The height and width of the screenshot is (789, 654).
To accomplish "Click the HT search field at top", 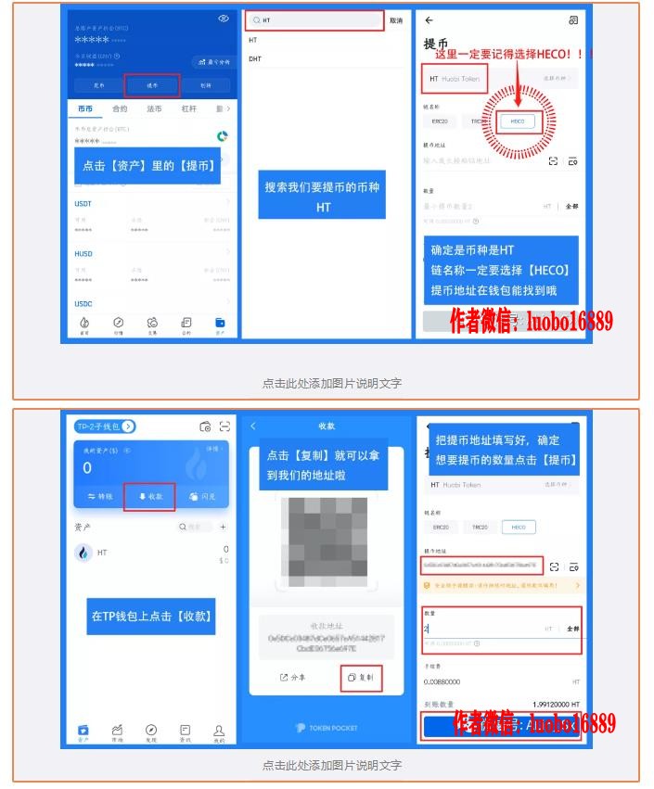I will click(314, 19).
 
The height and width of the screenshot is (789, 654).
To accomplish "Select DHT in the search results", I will click(255, 58).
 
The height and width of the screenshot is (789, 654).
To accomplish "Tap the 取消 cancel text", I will click(396, 19).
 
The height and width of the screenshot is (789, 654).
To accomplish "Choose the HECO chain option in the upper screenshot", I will click(517, 121).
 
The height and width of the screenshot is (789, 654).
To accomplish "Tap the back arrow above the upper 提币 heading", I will click(429, 19).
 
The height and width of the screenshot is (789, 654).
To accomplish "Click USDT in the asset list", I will click(83, 203).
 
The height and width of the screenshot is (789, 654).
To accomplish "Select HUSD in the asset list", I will click(83, 253).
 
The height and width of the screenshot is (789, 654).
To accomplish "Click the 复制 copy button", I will click(361, 677).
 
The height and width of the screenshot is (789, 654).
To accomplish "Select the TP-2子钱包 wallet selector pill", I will click(105, 426).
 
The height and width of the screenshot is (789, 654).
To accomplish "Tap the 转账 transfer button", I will click(99, 496).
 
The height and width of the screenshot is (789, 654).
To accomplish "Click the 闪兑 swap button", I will click(201, 496).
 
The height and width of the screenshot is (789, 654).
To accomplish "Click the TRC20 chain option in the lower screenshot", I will click(479, 527).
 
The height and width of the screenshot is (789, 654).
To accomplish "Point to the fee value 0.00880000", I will click(442, 681).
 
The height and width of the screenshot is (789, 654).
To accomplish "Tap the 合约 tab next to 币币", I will click(120, 108).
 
